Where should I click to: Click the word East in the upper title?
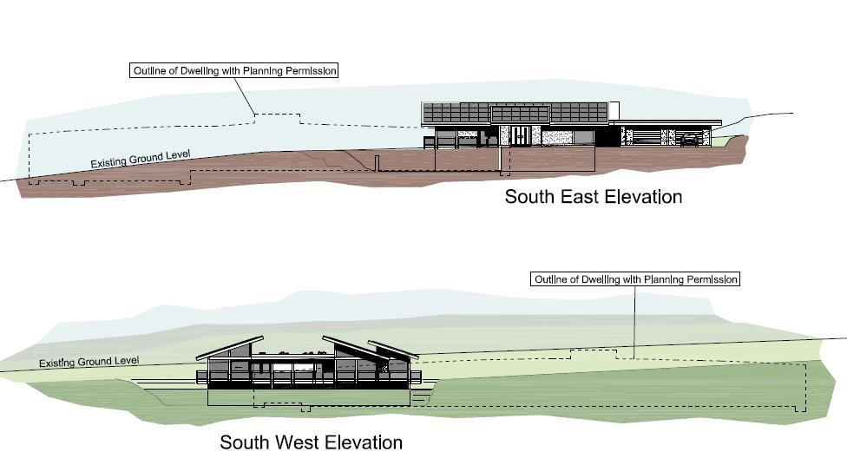pyautogui.click(x=573, y=197)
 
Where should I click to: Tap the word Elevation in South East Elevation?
pyautogui.click(x=641, y=197)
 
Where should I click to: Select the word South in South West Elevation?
pyautogui.click(x=246, y=442)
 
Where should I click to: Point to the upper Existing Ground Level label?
pyautogui.click(x=141, y=160)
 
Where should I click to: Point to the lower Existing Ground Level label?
pyautogui.click(x=89, y=361)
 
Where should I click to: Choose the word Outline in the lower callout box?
pyautogui.click(x=553, y=279)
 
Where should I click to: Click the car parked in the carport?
pyautogui.click(x=688, y=139)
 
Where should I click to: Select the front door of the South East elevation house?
pyautogui.click(x=521, y=137)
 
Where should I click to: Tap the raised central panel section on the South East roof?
pyautogui.click(x=520, y=115)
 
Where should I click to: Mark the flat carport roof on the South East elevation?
pyautogui.click(x=668, y=122)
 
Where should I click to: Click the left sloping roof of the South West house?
pyautogui.click(x=230, y=346)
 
